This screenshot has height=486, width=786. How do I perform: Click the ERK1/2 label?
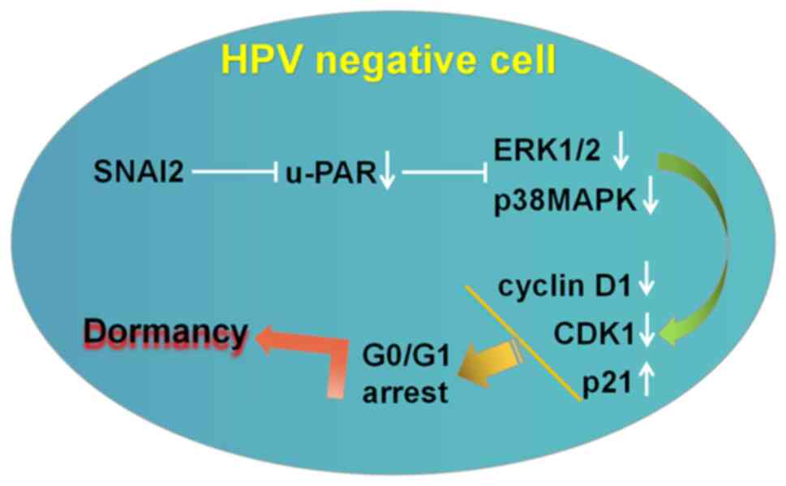(x=547, y=152)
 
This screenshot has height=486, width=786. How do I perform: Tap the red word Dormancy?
(x=166, y=333)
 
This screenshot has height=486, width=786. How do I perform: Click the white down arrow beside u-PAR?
(x=387, y=174)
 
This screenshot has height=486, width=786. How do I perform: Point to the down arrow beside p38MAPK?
(x=650, y=198)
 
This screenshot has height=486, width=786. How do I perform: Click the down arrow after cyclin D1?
(x=647, y=286)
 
